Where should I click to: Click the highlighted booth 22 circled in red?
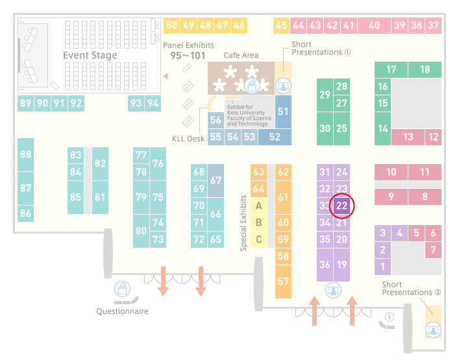tap(341, 206)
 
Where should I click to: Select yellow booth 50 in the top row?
tap(171, 25)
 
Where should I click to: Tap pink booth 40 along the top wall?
tap(374, 25)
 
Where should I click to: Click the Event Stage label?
tap(90, 55)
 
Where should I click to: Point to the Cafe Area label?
tap(241, 55)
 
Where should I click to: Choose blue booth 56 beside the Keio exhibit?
tap(216, 120)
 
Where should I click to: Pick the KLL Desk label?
tap(188, 139)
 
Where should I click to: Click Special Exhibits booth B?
tap(259, 222)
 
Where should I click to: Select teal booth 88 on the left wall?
tap(25, 154)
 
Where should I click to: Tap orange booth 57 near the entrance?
tap(283, 282)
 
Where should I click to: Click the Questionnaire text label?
tap(122, 311)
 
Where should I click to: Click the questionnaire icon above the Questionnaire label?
tap(122, 289)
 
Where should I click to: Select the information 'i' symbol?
tap(390, 317)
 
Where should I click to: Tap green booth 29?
tap(325, 95)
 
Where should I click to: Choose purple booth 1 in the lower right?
tap(382, 267)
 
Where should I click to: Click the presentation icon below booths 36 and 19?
tap(333, 290)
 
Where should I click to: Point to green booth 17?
tap(391, 69)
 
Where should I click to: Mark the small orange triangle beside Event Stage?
tap(166, 77)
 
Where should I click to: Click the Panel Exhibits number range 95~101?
tap(188, 56)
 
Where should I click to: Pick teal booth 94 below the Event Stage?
tap(153, 103)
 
